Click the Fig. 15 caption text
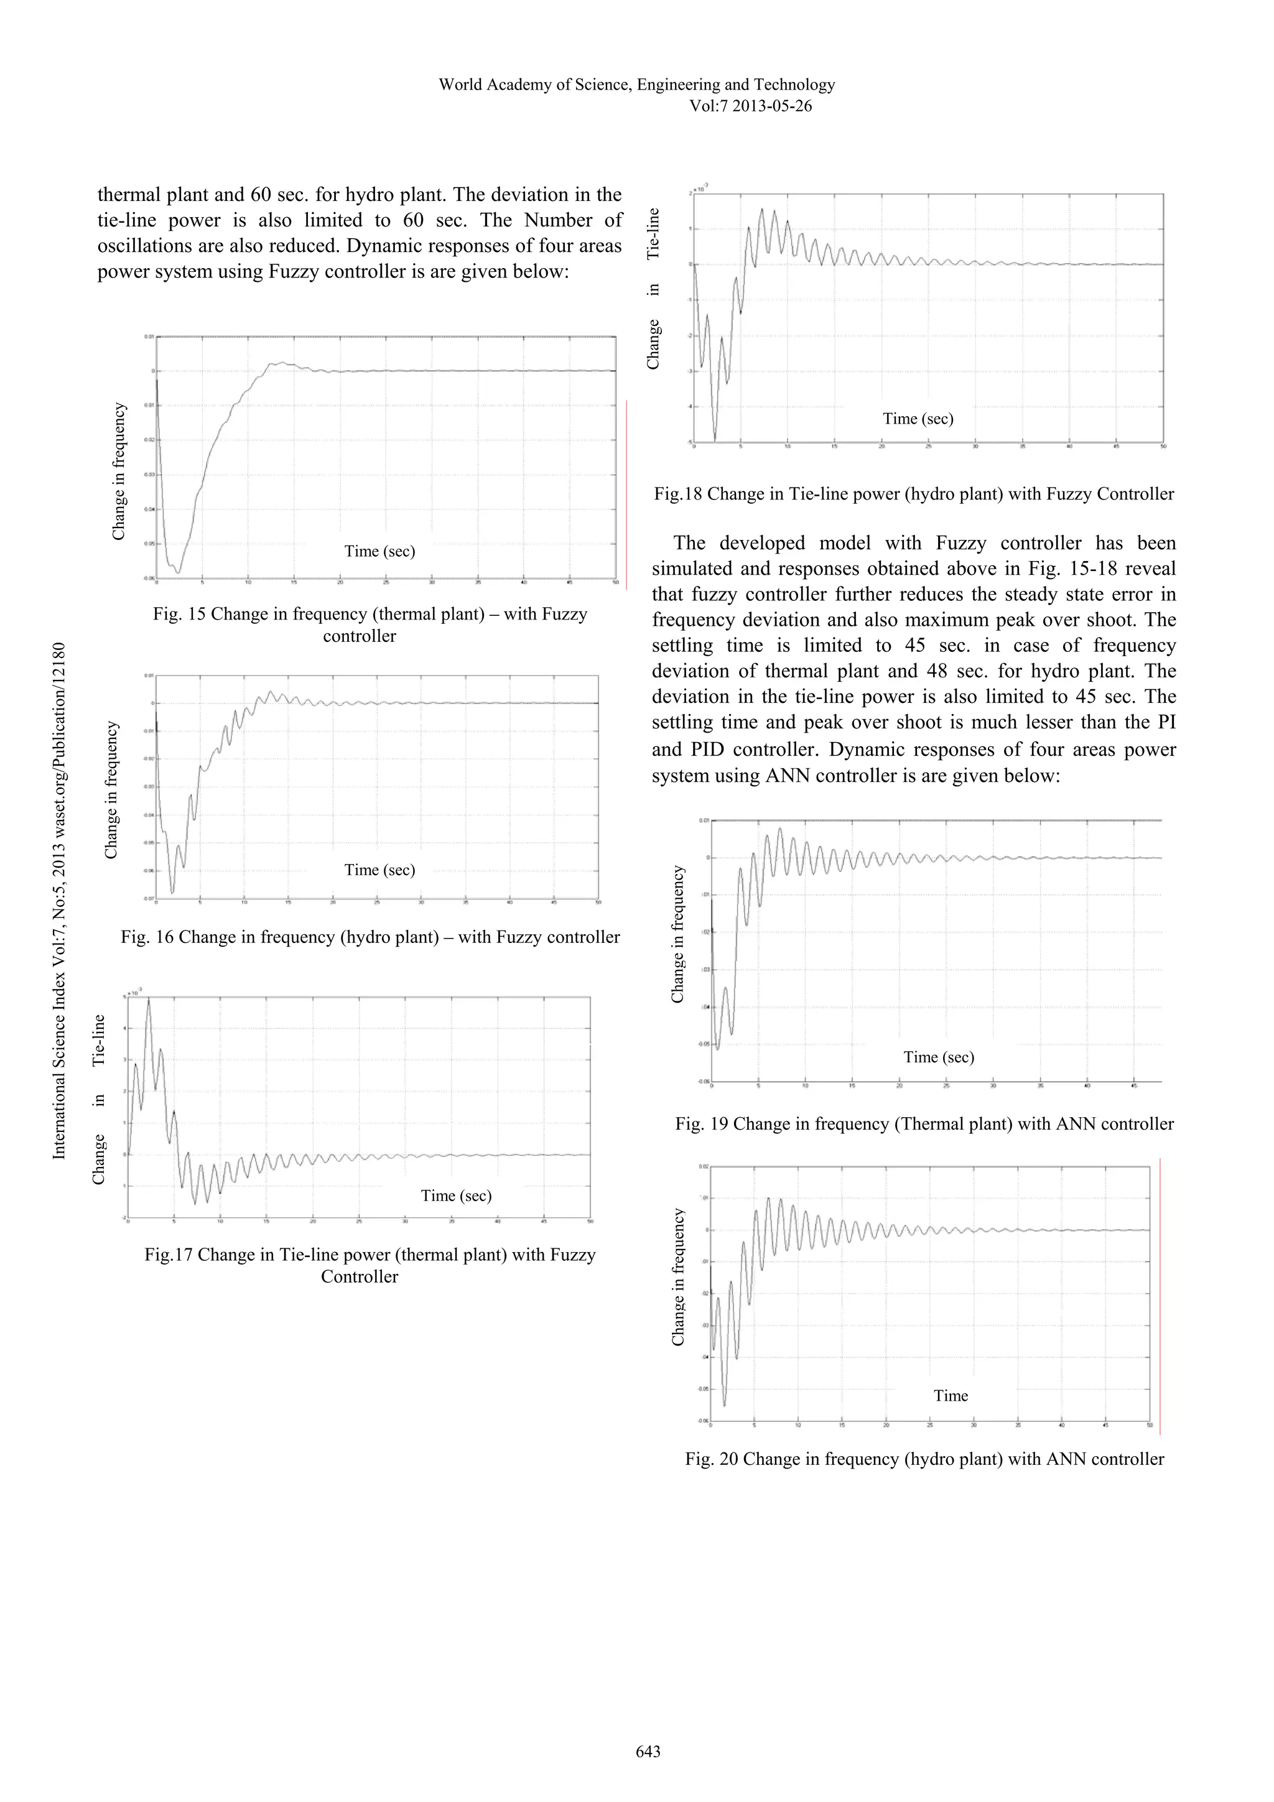tap(370, 625)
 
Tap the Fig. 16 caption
tap(370, 937)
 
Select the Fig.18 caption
tap(914, 495)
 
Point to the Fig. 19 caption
tap(924, 1124)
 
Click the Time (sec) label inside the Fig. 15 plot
tap(379, 551)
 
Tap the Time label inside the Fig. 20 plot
tap(951, 1395)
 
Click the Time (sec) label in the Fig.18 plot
tap(918, 419)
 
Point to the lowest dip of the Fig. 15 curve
tap(178, 572)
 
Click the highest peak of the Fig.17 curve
tap(149, 999)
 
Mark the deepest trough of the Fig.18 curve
tap(714, 440)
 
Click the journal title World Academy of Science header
tap(636, 85)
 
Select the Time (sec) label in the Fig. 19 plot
tap(938, 1057)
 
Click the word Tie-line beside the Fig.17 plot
tap(98, 1040)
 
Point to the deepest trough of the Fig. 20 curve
tap(723, 1405)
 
